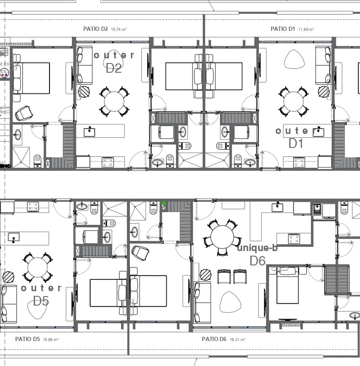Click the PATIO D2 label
coord(95,29)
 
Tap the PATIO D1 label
coord(283,29)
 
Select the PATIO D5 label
coord(27,339)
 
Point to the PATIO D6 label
coord(214,339)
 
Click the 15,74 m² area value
coord(119,30)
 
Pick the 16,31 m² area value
coord(238,339)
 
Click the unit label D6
coord(258,261)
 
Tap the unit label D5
coord(41,301)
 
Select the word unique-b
coord(257,248)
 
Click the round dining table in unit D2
coord(114,102)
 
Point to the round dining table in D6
coord(222,237)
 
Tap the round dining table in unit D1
coord(294,102)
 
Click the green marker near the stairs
coord(164,203)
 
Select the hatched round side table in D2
coord(84,91)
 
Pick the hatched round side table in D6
coord(206,275)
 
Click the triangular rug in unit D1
coord(294,59)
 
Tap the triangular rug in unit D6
coord(230,302)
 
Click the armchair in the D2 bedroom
coord(24,113)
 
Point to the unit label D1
coord(296,143)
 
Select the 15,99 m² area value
coord(50,339)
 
